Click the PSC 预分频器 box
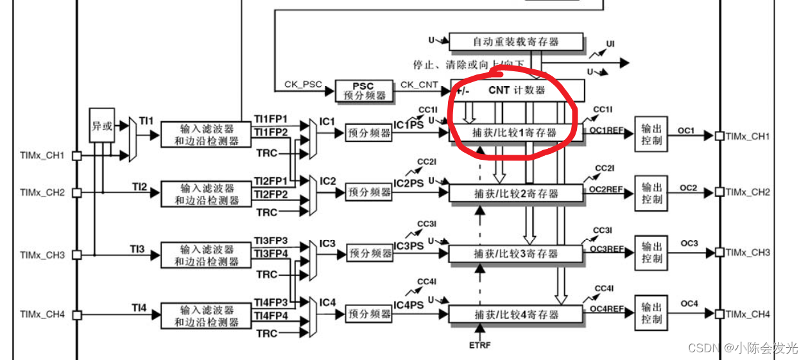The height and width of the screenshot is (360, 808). (363, 90)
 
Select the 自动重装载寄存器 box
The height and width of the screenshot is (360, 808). (516, 42)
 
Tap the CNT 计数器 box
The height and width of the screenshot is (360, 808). (517, 90)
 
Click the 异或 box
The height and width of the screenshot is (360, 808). (102, 126)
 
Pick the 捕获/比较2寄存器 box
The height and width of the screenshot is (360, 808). (516, 193)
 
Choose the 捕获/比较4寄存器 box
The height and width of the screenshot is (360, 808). (516, 314)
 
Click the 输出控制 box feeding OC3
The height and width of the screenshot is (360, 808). (652, 253)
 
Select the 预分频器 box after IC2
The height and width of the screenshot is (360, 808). (369, 192)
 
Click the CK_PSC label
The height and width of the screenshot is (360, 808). (299, 85)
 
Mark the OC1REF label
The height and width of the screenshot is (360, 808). (606, 130)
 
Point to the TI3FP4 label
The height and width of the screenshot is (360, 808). (271, 254)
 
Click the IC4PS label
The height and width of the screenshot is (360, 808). (409, 305)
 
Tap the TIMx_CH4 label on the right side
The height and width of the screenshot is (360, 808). (748, 314)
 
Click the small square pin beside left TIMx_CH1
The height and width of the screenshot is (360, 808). (76, 156)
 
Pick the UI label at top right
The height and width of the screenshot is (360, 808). (610, 44)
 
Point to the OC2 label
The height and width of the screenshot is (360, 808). (689, 187)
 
